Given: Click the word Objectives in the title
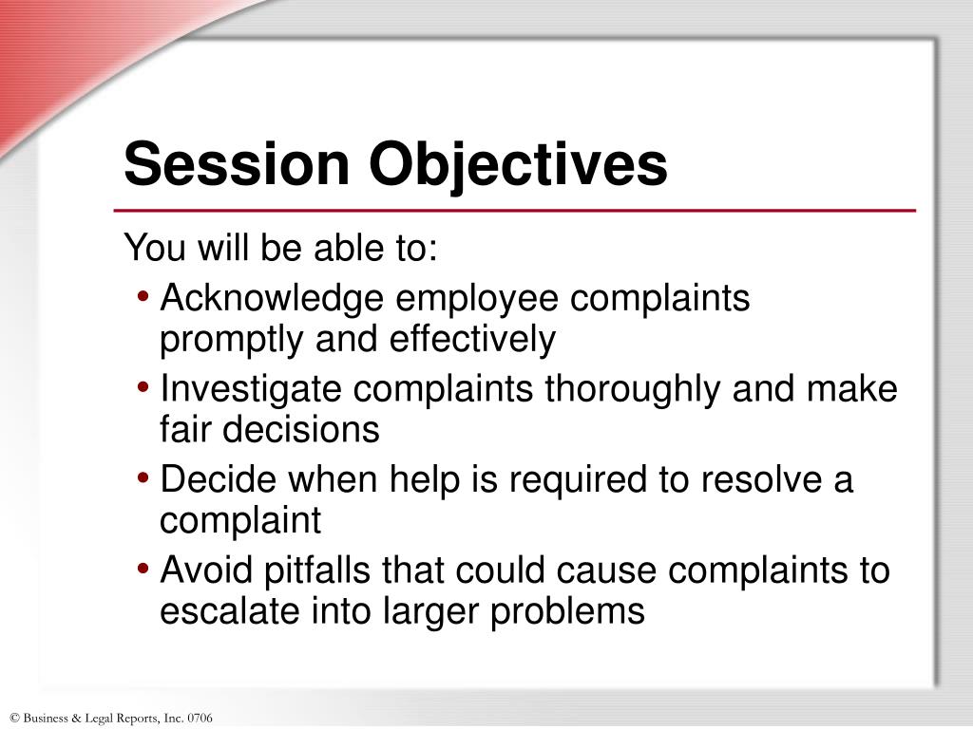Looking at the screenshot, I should pos(519,164).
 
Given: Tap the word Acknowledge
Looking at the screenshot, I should pos(273,300).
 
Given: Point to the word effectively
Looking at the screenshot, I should pos(472,339).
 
